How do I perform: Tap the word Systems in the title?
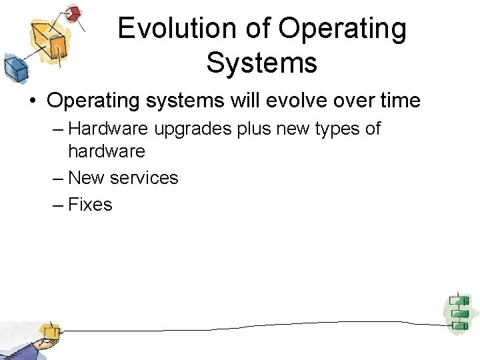261,63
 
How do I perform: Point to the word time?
398,101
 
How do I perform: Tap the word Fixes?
90,205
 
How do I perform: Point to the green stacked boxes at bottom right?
458,311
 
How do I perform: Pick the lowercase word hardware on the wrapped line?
107,151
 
